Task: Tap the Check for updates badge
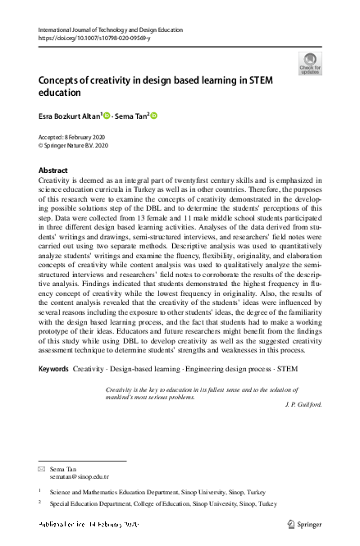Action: pos(310,62)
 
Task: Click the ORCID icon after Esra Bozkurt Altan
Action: pos(107,116)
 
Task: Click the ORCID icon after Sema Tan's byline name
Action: pos(153,116)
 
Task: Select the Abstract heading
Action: pos(54,170)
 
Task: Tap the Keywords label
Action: pos(55,370)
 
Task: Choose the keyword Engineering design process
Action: pos(220,370)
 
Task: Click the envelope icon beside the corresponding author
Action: pos(42,468)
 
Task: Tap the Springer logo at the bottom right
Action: pos(305,522)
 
